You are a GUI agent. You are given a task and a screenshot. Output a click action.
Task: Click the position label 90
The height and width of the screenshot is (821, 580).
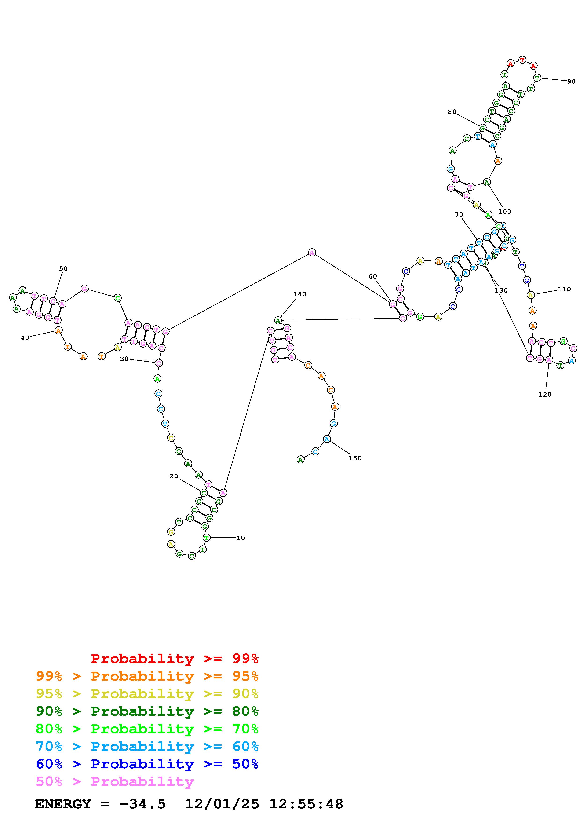tap(571, 81)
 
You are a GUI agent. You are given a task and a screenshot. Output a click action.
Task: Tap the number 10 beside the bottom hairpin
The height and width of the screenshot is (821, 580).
tap(241, 538)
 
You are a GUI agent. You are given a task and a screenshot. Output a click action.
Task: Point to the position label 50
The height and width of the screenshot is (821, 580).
tap(63, 268)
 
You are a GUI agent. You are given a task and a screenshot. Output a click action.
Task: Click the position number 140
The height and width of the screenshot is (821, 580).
tap(299, 294)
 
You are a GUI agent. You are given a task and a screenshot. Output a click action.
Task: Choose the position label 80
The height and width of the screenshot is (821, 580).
tap(452, 112)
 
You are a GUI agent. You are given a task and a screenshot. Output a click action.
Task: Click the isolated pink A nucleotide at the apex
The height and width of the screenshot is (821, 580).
tap(312, 253)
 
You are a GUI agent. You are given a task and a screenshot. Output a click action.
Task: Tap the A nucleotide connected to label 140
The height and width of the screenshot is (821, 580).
tap(278, 320)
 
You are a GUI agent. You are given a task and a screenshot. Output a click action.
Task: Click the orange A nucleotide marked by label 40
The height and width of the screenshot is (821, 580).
tap(58, 330)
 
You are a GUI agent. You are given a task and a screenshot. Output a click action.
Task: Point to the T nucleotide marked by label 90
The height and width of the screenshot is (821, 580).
tap(536, 78)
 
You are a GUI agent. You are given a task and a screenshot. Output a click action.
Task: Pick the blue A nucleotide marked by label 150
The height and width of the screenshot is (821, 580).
tap(327, 439)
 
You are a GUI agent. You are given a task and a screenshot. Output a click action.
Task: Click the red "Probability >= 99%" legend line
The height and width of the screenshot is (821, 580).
tap(174, 659)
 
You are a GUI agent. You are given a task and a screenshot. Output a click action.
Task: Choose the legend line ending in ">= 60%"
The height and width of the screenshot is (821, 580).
tap(147, 747)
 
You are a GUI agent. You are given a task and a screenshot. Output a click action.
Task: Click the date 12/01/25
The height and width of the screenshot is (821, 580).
tap(222, 804)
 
